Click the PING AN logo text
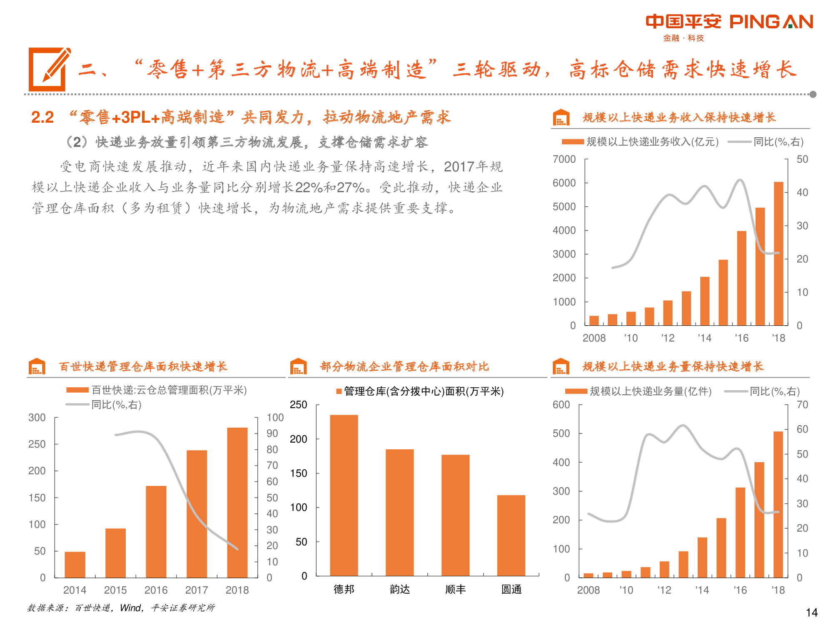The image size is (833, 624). click(x=771, y=22)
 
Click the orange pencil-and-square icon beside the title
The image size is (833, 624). click(x=49, y=69)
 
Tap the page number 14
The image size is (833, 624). click(x=811, y=612)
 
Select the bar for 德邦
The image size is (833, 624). click(x=344, y=495)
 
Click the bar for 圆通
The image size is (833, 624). click(x=511, y=535)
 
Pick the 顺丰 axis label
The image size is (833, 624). click(x=455, y=589)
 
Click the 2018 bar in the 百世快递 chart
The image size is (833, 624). click(x=237, y=502)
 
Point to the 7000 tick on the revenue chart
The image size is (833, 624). click(x=564, y=159)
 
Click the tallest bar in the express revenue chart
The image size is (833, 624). click(x=778, y=254)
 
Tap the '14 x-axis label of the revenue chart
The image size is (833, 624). click(x=704, y=338)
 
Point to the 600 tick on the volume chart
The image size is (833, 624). click(x=561, y=405)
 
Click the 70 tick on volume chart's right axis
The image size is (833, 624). click(x=802, y=405)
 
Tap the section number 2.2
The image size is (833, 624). click(x=42, y=117)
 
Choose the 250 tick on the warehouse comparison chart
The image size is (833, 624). click(x=298, y=405)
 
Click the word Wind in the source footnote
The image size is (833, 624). click(x=130, y=608)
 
